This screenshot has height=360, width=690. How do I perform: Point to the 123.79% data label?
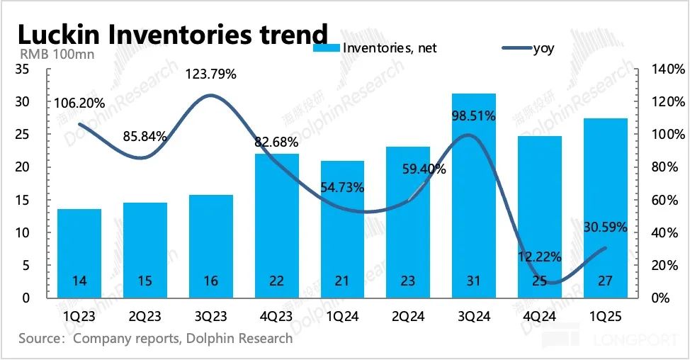click(x=211, y=74)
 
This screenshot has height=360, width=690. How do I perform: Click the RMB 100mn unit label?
click(x=48, y=52)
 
